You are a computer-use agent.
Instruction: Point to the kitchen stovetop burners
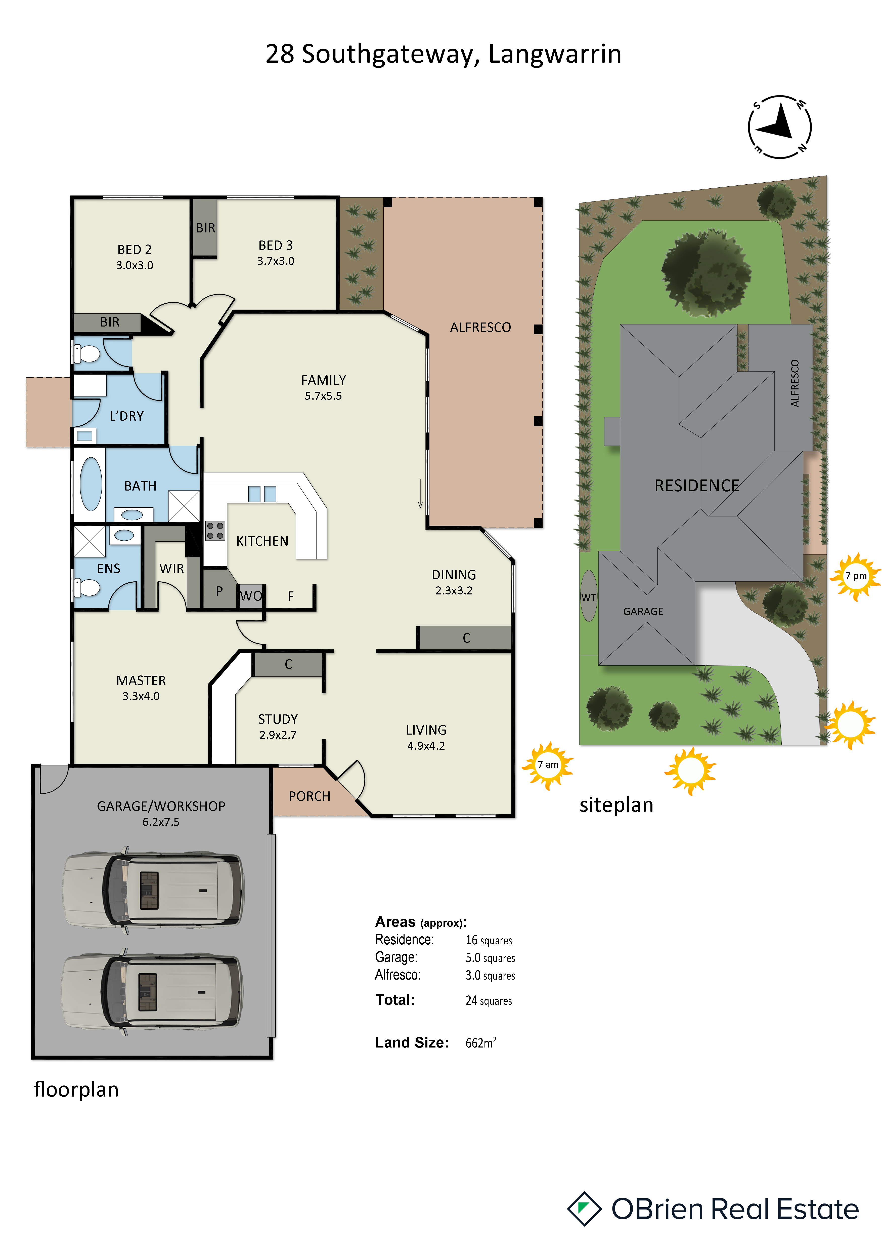(215, 531)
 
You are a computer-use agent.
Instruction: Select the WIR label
(172, 569)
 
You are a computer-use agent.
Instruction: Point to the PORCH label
(310, 796)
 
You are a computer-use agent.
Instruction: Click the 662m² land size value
(481, 1042)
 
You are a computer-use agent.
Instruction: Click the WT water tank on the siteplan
(589, 596)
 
